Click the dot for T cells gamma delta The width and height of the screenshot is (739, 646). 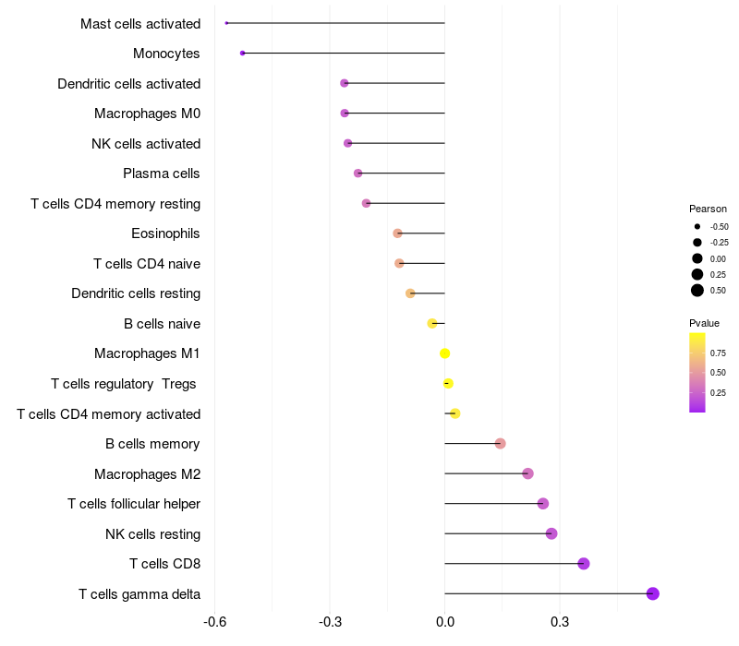652,593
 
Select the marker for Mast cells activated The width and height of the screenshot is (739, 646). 226,23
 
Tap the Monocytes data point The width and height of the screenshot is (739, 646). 242,54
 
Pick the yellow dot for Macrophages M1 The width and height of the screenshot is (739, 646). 444,353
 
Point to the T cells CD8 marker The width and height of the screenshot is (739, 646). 584,564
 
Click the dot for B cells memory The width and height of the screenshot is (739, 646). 500,444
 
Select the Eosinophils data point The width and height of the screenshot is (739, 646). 397,233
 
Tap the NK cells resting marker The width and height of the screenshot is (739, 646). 551,533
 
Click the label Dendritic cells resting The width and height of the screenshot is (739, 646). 136,293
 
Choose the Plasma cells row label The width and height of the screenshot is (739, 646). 161,173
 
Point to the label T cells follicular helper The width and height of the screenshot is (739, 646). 134,504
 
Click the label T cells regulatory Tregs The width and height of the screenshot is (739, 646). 124,384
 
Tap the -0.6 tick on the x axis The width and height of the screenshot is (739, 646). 215,622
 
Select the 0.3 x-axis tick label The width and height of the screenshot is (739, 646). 560,622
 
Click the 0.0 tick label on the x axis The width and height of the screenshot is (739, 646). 445,622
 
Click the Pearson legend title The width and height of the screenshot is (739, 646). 708,209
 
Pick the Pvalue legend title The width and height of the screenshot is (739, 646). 704,323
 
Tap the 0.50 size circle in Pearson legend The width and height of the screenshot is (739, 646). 697,291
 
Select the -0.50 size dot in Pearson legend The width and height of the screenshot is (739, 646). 697,226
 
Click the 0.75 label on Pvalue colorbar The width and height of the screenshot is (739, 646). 718,353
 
